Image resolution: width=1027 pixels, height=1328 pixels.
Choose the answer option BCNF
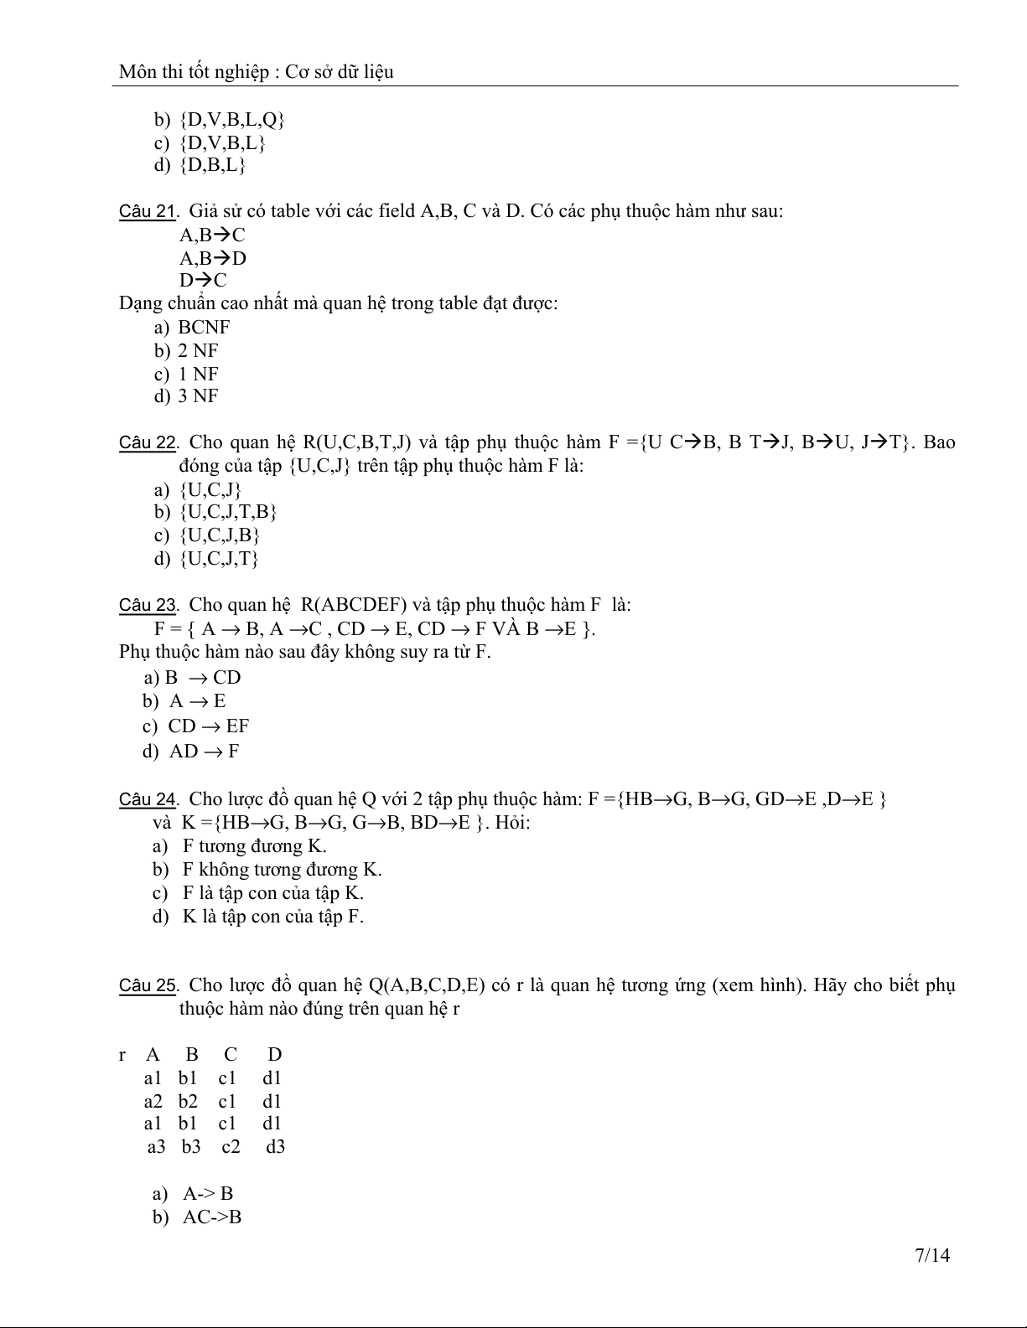click(204, 328)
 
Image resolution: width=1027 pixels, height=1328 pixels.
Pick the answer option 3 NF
click(198, 396)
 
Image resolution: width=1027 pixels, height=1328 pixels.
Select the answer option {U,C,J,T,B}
click(228, 512)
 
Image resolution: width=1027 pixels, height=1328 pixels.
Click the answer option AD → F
click(204, 752)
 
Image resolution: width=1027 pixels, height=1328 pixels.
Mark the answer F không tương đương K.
click(282, 870)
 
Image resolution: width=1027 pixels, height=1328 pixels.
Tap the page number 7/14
click(932, 1255)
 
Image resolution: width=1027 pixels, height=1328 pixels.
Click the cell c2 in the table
click(231, 1147)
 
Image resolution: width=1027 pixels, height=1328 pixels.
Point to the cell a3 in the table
click(157, 1147)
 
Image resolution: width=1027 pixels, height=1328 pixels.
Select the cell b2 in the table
click(188, 1101)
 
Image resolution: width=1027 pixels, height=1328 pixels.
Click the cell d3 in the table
click(275, 1147)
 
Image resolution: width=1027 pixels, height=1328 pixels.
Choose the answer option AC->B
click(212, 1217)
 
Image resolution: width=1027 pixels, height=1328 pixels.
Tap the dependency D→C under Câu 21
click(203, 281)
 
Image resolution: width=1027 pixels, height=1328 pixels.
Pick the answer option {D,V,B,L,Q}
click(232, 120)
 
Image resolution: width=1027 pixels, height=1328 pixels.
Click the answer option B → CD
click(203, 678)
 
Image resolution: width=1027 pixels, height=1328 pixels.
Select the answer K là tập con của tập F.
click(272, 917)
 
